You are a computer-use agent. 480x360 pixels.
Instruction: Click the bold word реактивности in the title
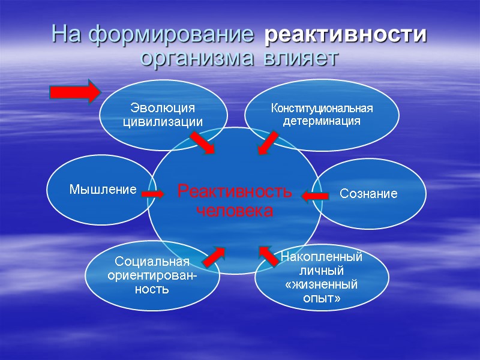click(346, 35)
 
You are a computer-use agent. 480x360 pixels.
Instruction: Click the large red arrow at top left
click(74, 92)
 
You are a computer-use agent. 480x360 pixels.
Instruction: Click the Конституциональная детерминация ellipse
click(322, 113)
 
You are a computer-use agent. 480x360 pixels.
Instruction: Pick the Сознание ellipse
click(369, 193)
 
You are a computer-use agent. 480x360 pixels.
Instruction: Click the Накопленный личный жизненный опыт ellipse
click(322, 277)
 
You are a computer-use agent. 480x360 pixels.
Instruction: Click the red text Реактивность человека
click(235, 202)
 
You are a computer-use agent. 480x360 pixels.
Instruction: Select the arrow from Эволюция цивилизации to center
click(202, 143)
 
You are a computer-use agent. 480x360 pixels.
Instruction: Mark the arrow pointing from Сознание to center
click(315, 196)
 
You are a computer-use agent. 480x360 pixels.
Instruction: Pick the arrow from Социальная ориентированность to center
click(214, 256)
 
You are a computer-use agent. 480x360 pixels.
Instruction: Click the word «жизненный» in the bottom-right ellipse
click(322, 283)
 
